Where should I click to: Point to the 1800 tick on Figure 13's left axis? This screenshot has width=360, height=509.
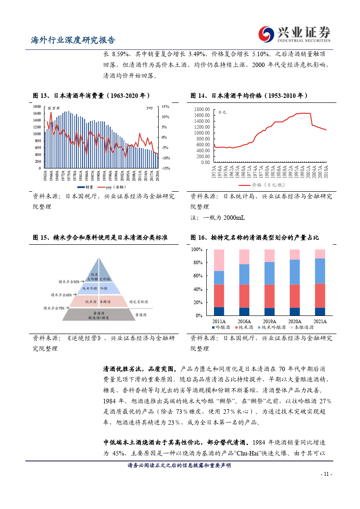point(37,107)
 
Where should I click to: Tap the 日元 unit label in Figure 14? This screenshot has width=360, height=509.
point(222,112)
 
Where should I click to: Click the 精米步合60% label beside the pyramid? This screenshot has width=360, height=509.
point(65,295)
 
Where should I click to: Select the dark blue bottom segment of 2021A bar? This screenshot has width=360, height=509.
point(320,311)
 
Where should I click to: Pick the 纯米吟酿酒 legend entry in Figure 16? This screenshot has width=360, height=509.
point(272,327)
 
